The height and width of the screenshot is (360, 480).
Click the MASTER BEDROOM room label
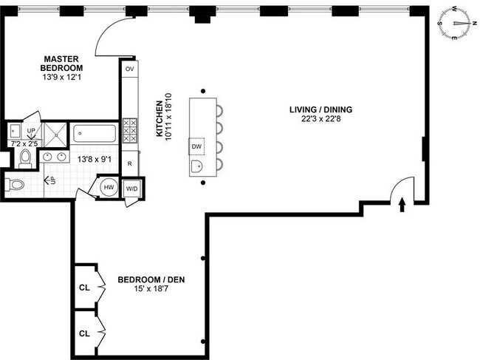click(61, 64)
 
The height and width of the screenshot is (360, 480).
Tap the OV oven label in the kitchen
click(130, 69)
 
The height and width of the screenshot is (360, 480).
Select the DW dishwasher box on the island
click(196, 146)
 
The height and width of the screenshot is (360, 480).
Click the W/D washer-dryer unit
click(132, 189)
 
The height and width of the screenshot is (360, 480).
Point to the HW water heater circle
click(109, 187)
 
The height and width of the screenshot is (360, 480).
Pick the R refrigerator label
click(130, 164)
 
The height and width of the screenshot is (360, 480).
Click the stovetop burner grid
click(130, 131)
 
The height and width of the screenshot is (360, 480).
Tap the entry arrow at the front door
click(402, 205)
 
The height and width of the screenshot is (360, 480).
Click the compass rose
click(454, 24)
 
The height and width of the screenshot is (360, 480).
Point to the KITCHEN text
click(160, 118)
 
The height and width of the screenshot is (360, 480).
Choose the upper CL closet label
click(84, 288)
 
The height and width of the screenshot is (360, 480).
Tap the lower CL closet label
click(84, 333)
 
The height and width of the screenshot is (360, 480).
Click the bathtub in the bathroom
click(95, 134)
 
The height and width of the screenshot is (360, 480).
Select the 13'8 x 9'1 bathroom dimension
click(95, 160)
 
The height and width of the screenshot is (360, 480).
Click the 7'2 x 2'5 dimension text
click(24, 143)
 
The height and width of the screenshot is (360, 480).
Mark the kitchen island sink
click(196, 166)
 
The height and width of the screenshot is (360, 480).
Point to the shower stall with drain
click(55, 135)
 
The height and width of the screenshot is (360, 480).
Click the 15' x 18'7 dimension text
click(151, 288)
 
